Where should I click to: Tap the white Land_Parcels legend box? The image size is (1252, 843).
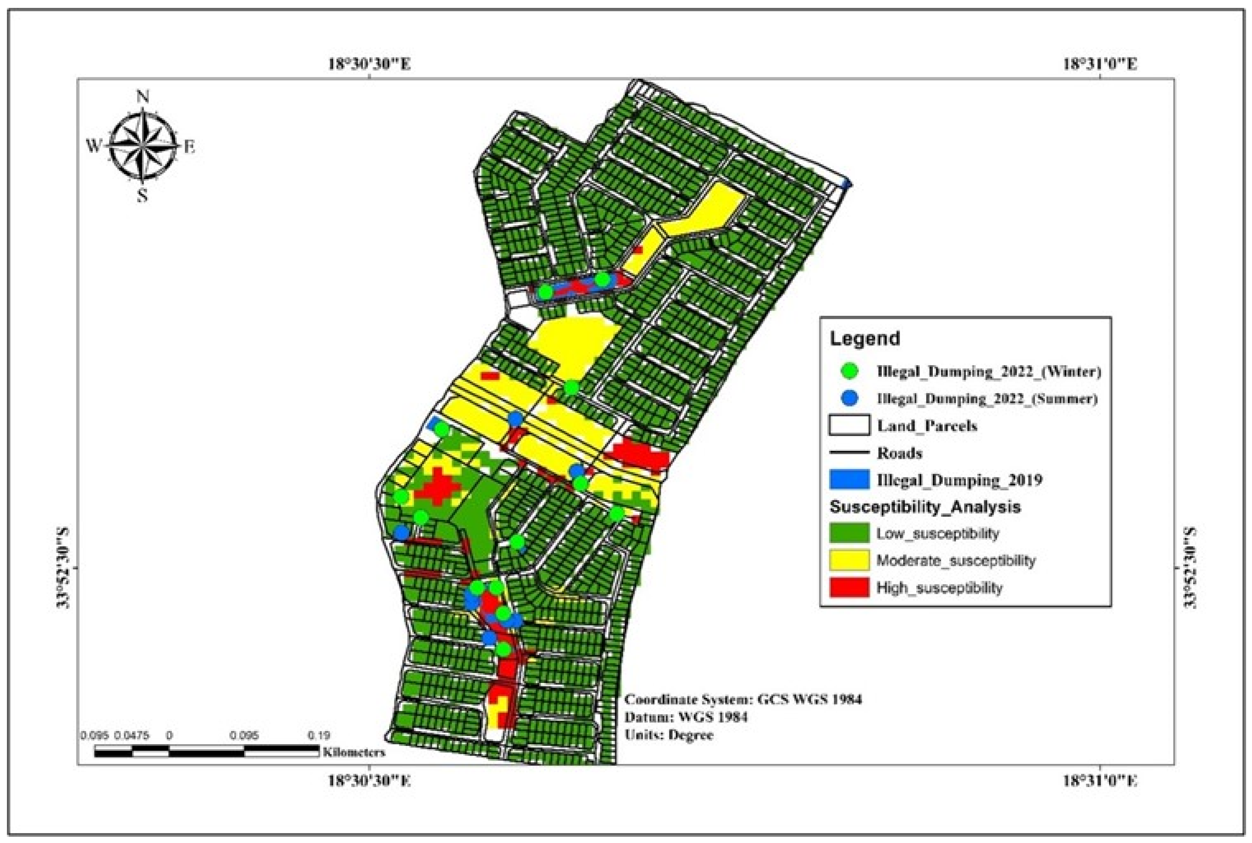pyautogui.click(x=849, y=426)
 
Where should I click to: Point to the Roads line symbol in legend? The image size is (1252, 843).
pyautogui.click(x=849, y=453)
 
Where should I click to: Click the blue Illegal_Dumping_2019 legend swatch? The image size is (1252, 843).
pyautogui.click(x=849, y=479)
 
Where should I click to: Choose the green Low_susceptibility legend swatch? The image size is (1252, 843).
pyautogui.click(x=849, y=533)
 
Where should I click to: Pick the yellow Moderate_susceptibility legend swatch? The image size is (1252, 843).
pyautogui.click(x=849, y=560)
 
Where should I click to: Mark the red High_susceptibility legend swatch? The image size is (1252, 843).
pyautogui.click(x=849, y=587)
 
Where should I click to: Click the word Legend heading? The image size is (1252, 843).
pyautogui.click(x=865, y=339)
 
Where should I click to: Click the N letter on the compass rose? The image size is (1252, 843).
pyautogui.click(x=143, y=97)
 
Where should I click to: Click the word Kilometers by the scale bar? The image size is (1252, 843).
pyautogui.click(x=354, y=751)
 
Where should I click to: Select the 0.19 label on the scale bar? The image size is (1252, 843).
pyautogui.click(x=319, y=735)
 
